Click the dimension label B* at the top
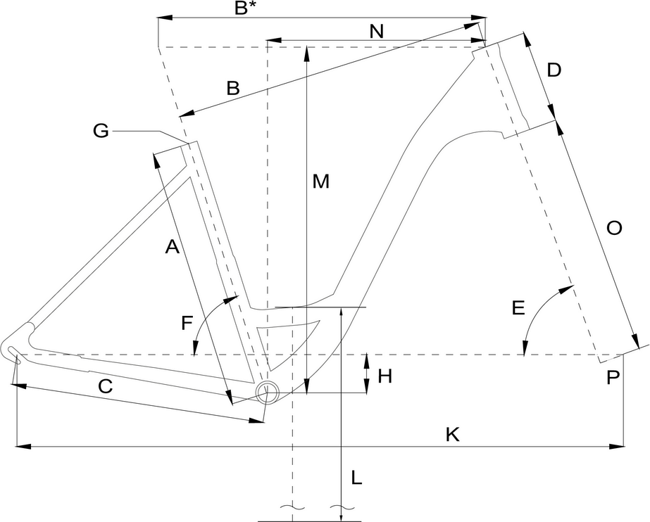coord(244,8)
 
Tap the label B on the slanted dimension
coord(232,89)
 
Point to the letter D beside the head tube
coord(554,70)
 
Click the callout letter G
coord(101,131)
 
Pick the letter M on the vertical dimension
coord(321,182)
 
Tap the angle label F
coord(187,324)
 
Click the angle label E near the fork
coord(518,308)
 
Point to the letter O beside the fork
coord(613,229)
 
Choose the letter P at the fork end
coord(613,378)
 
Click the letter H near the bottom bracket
coord(385,376)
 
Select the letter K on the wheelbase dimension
coord(452,434)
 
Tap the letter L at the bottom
coord(356,478)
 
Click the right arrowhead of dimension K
coord(618,445)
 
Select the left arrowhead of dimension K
coord(21,445)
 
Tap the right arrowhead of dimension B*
coord(480,17)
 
